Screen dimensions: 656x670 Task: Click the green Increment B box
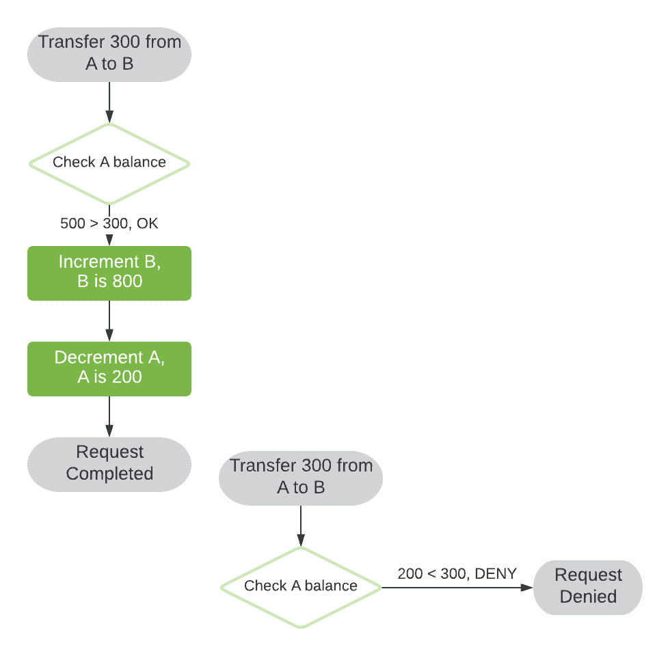click(x=109, y=273)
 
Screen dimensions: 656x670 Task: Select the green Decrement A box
click(x=109, y=368)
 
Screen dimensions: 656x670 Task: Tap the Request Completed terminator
click(x=109, y=464)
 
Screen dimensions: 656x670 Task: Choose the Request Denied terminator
click(x=588, y=587)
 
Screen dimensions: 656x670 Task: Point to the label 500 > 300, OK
click(x=109, y=223)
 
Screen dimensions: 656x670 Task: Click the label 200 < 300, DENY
click(x=457, y=574)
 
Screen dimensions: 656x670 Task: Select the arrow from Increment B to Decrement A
click(x=109, y=321)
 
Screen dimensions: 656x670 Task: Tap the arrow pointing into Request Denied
click(x=458, y=588)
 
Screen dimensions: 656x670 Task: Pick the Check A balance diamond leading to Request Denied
click(x=301, y=587)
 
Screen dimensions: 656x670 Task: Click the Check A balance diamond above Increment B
click(x=109, y=163)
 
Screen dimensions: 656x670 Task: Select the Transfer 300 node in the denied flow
click(x=301, y=477)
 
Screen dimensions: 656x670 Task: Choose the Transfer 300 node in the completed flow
click(x=109, y=53)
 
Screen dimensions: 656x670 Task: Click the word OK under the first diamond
click(x=148, y=223)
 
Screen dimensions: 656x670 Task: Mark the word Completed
click(x=109, y=474)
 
